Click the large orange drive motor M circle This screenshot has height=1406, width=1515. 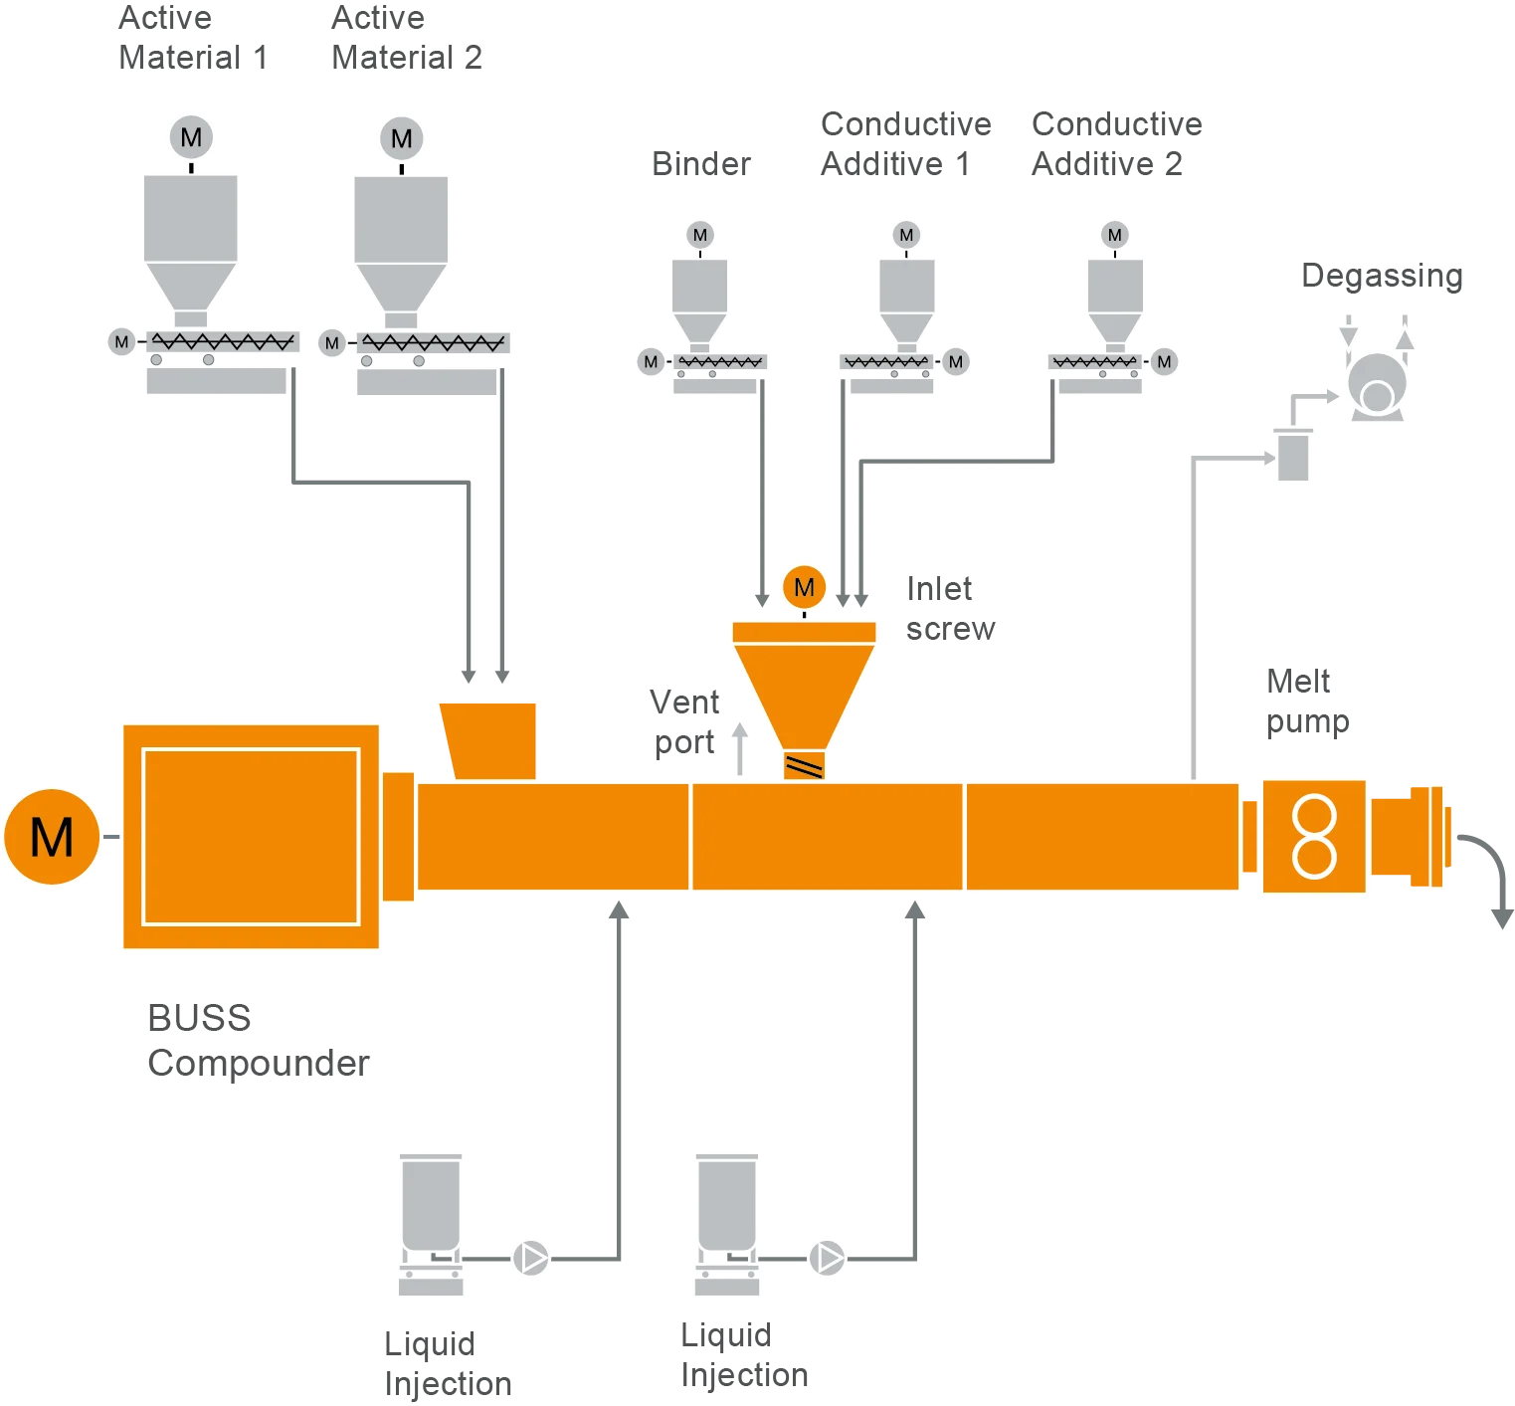coord(52,836)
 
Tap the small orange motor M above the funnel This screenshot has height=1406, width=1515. coord(804,587)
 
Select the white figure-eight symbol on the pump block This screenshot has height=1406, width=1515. coord(1313,836)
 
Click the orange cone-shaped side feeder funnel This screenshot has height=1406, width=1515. coord(804,692)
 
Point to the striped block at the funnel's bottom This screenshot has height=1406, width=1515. coord(804,765)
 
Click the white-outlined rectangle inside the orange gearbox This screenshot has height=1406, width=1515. coord(251,836)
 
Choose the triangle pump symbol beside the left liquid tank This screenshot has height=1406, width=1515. coord(531,1258)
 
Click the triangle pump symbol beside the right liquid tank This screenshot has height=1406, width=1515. coord(827,1258)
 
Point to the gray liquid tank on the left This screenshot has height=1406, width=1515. coord(430,1204)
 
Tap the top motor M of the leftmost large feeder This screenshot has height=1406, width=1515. coord(191,137)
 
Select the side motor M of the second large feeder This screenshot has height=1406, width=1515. coord(332,343)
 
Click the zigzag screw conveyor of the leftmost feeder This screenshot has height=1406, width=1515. coord(223,342)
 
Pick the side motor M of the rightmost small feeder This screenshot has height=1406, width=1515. coord(1164,361)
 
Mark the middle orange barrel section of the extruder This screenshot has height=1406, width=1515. coord(827,836)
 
